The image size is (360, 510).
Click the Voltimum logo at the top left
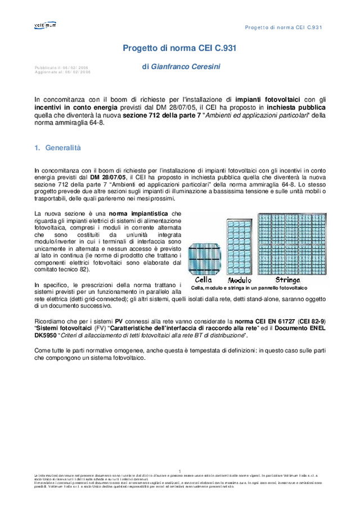pyautogui.click(x=44, y=25)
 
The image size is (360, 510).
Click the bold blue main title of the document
pyautogui.click(x=179, y=48)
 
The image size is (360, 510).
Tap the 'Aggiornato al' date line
pyautogui.click(x=62, y=72)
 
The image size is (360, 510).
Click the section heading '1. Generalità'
pyautogui.click(x=58, y=148)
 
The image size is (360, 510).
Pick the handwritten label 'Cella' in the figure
pyautogui.click(x=203, y=279)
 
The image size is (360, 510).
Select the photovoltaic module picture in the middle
pyautogui.click(x=239, y=247)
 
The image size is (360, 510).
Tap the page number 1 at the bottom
pyautogui.click(x=179, y=471)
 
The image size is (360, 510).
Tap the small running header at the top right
pyautogui.click(x=283, y=28)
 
